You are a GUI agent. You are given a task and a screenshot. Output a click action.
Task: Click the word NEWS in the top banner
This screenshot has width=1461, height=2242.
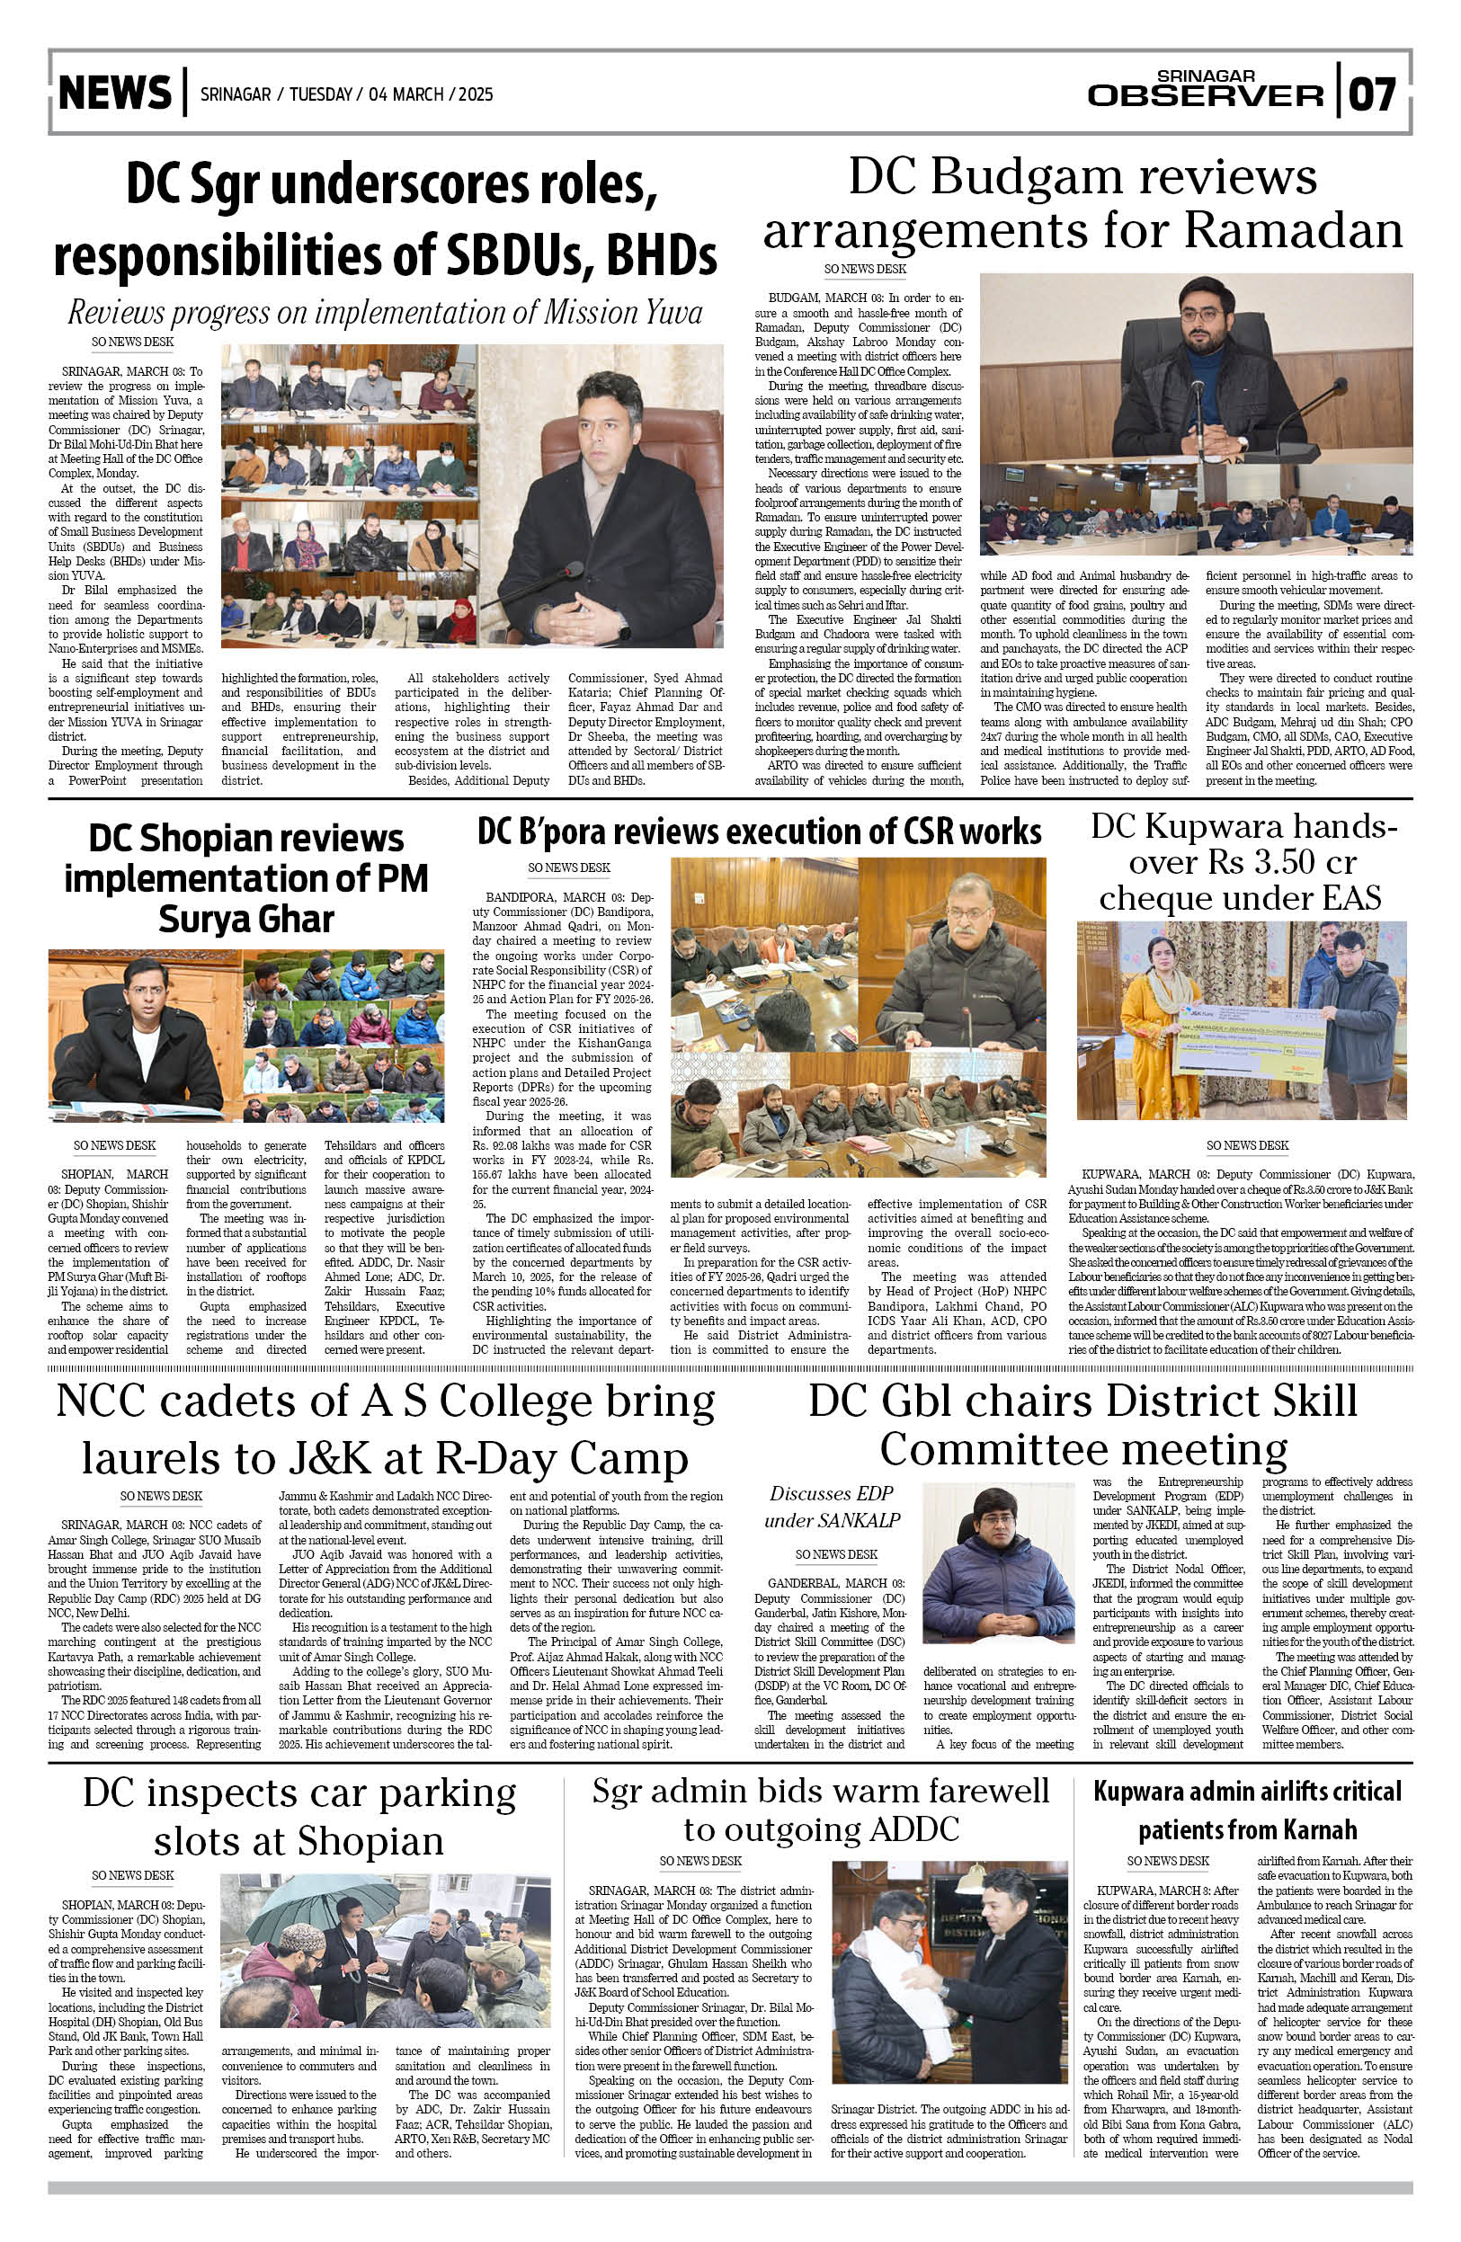(x=114, y=93)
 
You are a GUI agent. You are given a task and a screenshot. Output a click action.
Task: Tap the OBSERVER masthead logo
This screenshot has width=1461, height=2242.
(x=1205, y=94)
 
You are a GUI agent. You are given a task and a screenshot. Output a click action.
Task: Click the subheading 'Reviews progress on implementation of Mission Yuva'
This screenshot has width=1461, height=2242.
(x=384, y=312)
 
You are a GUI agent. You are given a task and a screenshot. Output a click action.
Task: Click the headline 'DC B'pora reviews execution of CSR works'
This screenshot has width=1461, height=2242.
(x=758, y=832)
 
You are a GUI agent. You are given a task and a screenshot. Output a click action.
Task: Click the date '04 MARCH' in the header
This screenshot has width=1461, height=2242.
(x=406, y=94)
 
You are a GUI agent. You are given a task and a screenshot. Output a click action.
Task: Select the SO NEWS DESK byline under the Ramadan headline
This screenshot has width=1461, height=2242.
(x=864, y=270)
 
